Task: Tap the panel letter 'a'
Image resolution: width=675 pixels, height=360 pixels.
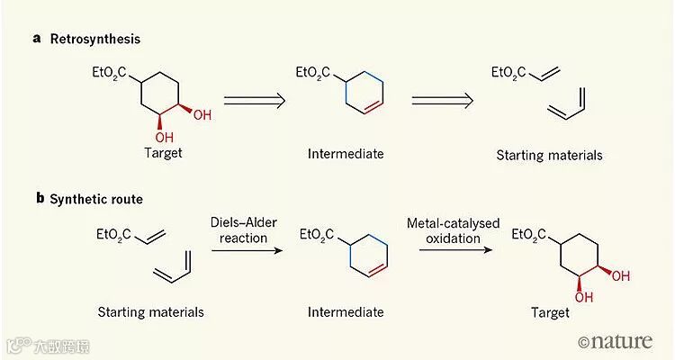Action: pyautogui.click(x=36, y=40)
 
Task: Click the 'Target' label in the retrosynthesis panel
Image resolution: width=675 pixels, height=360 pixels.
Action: pyautogui.click(x=163, y=153)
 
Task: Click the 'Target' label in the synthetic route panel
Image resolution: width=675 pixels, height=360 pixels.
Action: pyautogui.click(x=550, y=312)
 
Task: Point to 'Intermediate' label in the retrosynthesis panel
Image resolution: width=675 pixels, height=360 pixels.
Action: pyautogui.click(x=346, y=154)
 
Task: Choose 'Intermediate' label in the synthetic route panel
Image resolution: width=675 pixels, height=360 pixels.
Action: pyautogui.click(x=346, y=312)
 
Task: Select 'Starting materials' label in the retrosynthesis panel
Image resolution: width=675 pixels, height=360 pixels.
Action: pyautogui.click(x=549, y=156)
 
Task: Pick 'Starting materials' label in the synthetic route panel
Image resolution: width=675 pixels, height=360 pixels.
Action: pyautogui.click(x=151, y=312)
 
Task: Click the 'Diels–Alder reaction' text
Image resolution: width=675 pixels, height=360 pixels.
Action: pyautogui.click(x=240, y=230)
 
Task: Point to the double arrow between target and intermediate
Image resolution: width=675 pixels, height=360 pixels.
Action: pyautogui.click(x=254, y=99)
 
